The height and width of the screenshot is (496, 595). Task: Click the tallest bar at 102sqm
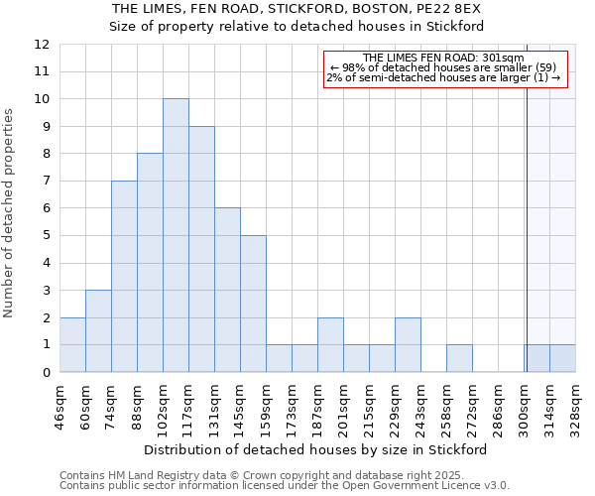pos(176,235)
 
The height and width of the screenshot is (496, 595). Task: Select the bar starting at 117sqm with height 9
pos(201,249)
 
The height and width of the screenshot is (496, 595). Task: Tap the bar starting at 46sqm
pos(72,344)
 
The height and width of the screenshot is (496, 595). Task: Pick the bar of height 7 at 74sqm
pos(124,276)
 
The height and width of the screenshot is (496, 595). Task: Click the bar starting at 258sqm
pos(459,358)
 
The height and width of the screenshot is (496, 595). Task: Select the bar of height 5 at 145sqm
pos(253,304)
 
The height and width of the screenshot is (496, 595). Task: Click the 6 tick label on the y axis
pos(46,208)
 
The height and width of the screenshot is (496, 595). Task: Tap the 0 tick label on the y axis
pos(46,372)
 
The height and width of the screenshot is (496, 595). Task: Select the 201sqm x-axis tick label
pos(343,408)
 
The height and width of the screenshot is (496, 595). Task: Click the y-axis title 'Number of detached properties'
pos(9,213)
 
